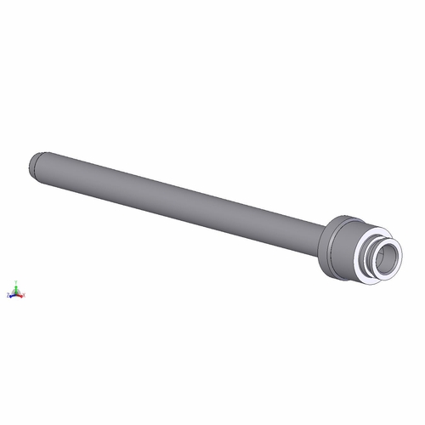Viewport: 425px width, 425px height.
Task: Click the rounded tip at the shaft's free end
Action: pyautogui.click(x=33, y=162)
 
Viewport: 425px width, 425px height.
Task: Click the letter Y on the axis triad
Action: pyautogui.click(x=16, y=281)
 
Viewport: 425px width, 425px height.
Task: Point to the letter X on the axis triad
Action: pyautogui.click(x=25, y=295)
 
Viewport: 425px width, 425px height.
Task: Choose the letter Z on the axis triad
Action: pyautogui.click(x=8, y=295)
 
